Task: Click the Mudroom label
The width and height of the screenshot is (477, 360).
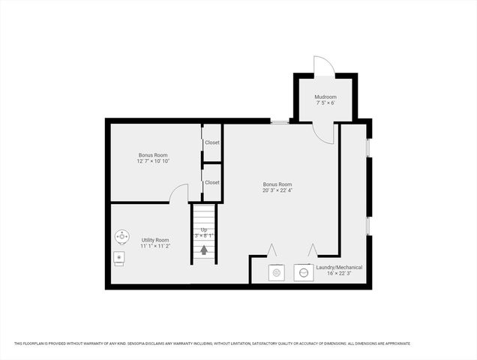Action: tap(325, 97)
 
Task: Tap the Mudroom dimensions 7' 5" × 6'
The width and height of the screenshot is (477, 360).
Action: tap(325, 103)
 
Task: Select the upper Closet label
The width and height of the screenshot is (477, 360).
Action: tap(212, 142)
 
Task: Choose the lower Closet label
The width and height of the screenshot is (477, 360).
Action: tap(212, 182)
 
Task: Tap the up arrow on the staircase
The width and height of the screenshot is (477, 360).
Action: tap(203, 249)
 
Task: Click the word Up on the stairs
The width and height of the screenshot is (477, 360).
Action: tap(203, 229)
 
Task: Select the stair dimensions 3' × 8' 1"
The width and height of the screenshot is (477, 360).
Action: tap(204, 235)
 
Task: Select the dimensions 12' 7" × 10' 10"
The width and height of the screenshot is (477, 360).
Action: tap(153, 161)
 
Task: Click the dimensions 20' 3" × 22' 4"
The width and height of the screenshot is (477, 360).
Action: tap(277, 190)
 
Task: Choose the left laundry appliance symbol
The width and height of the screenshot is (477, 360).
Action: tap(277, 273)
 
